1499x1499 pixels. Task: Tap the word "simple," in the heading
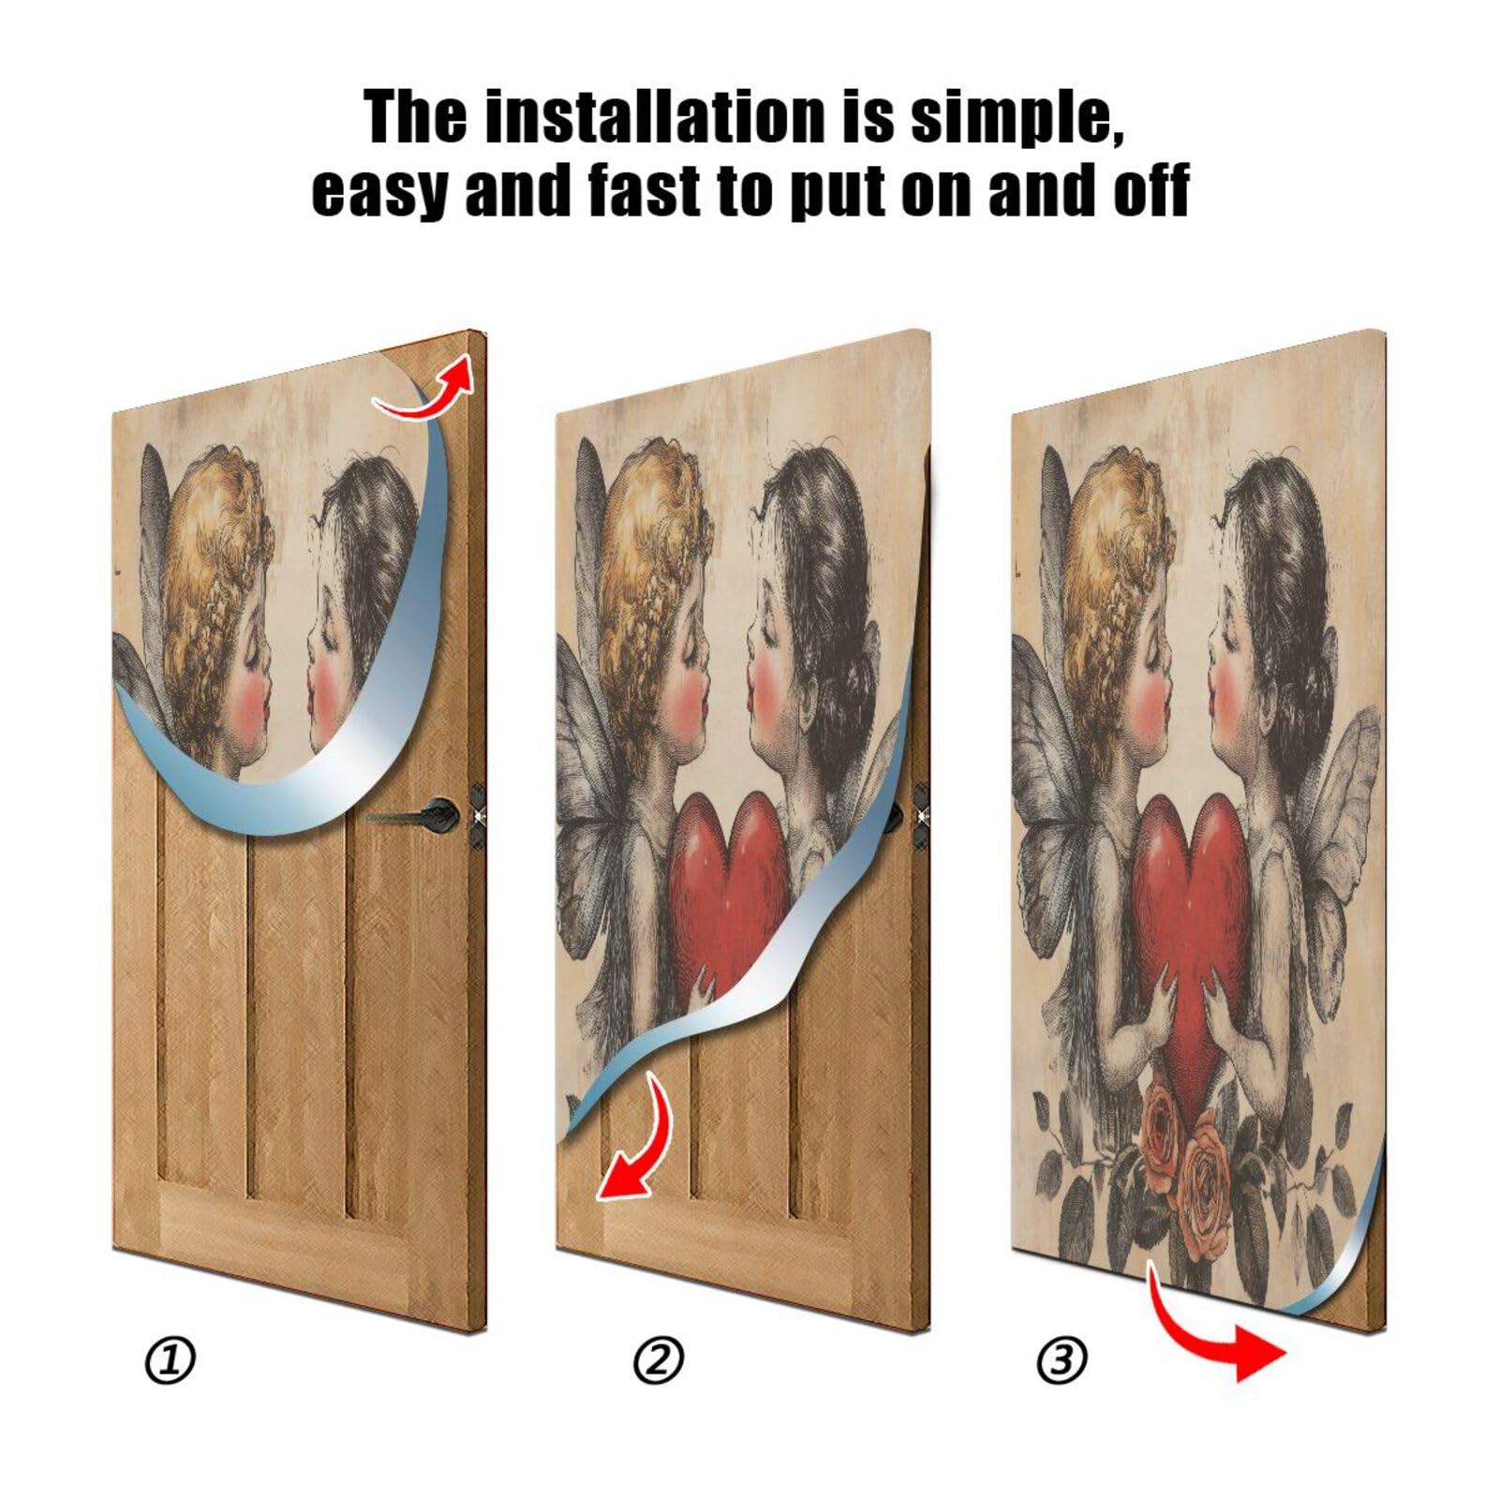[x=1017, y=117]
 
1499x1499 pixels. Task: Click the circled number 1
[x=171, y=1360]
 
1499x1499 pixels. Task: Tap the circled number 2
[x=659, y=1360]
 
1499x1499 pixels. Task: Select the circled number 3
[x=1061, y=1360]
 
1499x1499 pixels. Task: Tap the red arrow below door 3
[x=1218, y=1330]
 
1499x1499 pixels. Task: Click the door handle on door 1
[x=440, y=810]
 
